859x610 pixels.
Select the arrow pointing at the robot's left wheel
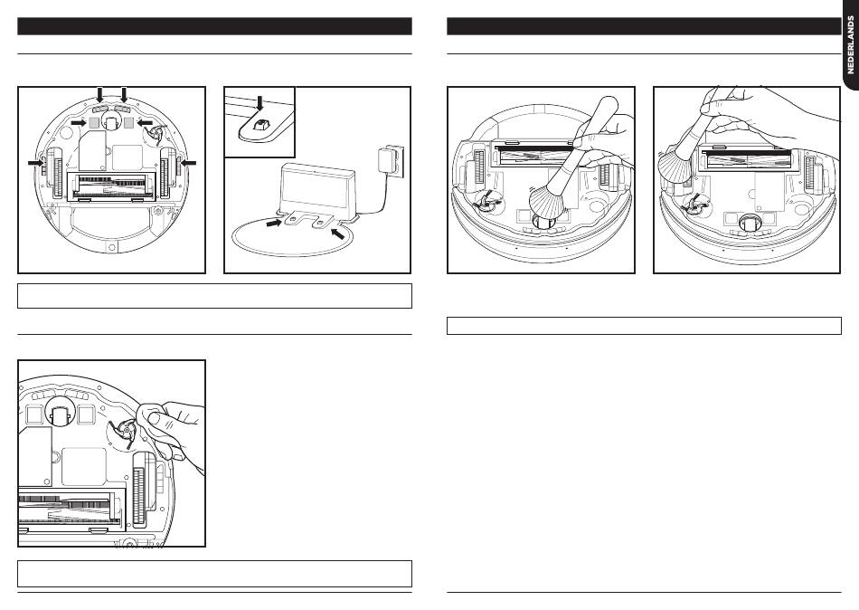click(x=36, y=161)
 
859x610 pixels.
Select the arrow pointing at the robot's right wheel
click(x=187, y=161)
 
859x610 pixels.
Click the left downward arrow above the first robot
click(x=100, y=94)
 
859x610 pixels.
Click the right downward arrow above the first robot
click(x=124, y=94)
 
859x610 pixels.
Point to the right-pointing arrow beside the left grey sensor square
click(x=80, y=121)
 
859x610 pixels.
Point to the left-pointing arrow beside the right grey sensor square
click(x=145, y=121)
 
